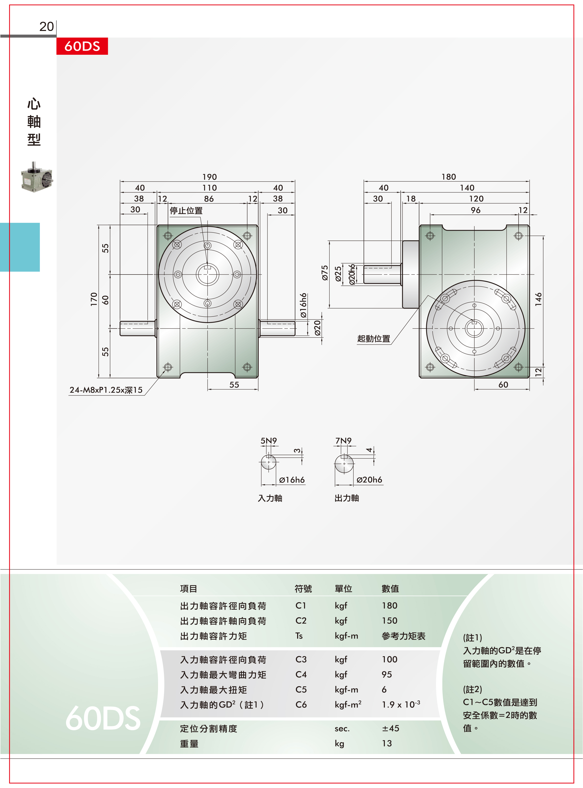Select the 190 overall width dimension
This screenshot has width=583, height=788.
(210, 177)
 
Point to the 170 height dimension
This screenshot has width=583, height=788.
(94, 299)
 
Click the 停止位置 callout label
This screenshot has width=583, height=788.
(186, 211)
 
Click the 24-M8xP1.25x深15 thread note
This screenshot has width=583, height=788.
(106, 390)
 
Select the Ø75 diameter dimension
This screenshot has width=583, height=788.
(325, 273)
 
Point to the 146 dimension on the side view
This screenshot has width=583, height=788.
(538, 299)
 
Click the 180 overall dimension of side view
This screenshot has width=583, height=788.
(449, 177)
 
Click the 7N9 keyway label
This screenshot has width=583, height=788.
(343, 441)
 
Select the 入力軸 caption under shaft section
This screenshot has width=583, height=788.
(270, 498)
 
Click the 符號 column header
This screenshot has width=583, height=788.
(303, 588)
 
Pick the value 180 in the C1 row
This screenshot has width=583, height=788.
(390, 606)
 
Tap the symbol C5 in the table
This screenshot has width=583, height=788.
(301, 689)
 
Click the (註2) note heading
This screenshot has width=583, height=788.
(473, 689)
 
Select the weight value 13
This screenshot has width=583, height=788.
(387, 743)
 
